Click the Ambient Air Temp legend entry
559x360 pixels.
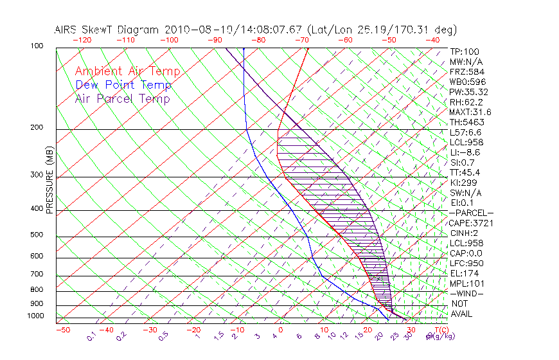click(127, 72)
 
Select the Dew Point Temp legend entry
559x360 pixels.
click(123, 85)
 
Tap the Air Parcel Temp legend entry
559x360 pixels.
click(122, 99)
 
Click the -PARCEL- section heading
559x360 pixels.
click(471, 213)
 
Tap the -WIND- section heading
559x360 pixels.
click(467, 293)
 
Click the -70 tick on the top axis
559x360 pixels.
click(301, 40)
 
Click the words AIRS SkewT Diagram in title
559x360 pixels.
click(107, 30)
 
